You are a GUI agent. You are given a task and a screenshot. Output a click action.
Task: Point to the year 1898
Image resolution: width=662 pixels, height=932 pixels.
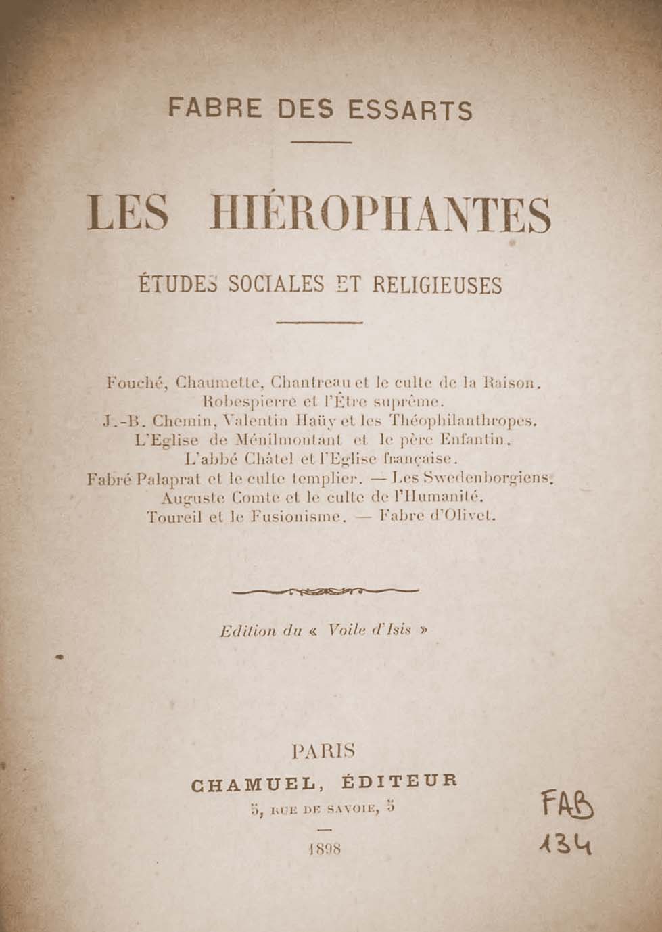point(323,849)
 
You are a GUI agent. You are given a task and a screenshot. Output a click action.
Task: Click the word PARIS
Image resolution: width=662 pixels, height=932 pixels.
point(323,751)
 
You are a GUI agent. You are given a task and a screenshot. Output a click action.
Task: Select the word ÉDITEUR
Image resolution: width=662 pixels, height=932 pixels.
point(400,780)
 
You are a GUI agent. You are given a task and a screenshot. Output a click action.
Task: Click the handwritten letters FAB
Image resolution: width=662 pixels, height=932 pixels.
point(561,806)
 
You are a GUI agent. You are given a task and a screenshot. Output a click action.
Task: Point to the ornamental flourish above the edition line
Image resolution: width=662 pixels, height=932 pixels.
point(325,591)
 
